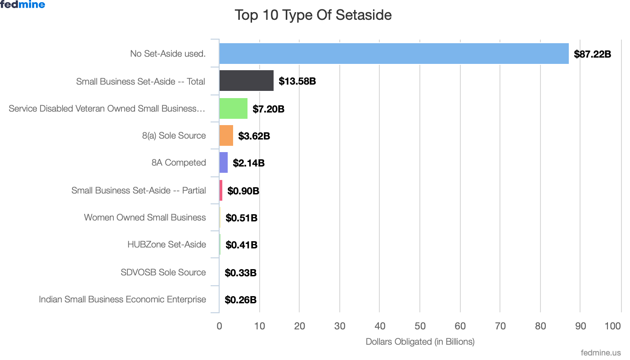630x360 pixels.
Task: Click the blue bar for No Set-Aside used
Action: (x=394, y=54)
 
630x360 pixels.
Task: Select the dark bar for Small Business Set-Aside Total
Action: (x=246, y=81)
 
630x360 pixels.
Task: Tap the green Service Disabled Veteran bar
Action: (x=233, y=108)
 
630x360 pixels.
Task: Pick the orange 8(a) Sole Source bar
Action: (x=226, y=135)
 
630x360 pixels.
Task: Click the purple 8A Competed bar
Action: (x=223, y=162)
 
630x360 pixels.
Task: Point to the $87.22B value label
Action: (x=592, y=54)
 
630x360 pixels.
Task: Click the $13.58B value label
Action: (x=297, y=81)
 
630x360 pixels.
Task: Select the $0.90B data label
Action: (x=243, y=191)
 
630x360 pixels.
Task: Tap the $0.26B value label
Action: (x=240, y=300)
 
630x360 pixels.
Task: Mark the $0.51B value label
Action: (x=241, y=218)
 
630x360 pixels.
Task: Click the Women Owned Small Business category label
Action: (x=145, y=217)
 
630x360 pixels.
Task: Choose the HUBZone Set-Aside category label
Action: (x=166, y=245)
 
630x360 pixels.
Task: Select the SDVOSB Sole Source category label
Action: (x=163, y=272)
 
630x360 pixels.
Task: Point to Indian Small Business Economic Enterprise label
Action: (x=122, y=299)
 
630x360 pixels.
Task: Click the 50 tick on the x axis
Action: (x=420, y=326)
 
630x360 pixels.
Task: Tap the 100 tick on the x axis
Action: (x=613, y=326)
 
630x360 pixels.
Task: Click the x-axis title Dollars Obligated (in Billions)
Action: (x=420, y=342)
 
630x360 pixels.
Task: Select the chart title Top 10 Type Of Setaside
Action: (x=313, y=15)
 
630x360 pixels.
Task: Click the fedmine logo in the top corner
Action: (x=22, y=5)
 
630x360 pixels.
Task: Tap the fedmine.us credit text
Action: (x=601, y=353)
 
